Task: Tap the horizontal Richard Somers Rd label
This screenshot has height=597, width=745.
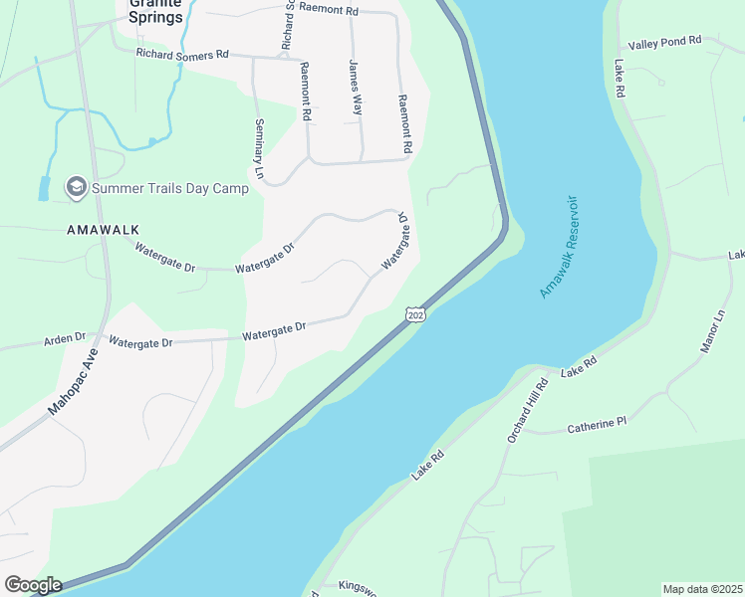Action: (x=182, y=54)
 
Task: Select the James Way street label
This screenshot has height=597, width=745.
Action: (x=355, y=89)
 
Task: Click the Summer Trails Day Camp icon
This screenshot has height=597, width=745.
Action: (x=76, y=186)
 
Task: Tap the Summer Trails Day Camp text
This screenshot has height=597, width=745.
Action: (x=169, y=187)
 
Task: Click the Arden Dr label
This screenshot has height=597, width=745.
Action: (x=65, y=339)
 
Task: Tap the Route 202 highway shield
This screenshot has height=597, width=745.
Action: (x=415, y=314)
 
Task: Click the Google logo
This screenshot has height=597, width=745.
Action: (x=32, y=585)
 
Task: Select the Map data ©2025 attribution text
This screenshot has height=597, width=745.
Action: (x=703, y=589)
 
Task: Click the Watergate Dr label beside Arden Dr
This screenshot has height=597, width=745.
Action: (x=140, y=342)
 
